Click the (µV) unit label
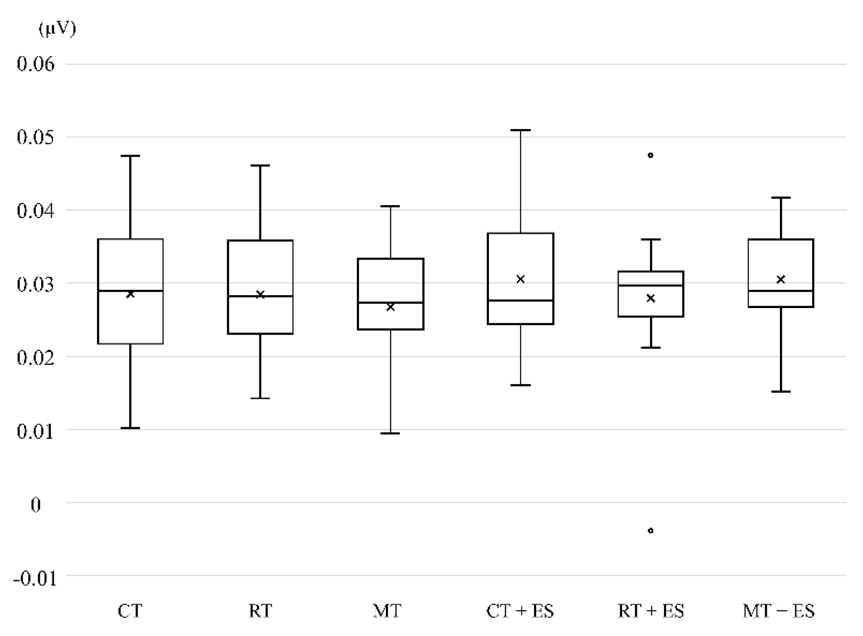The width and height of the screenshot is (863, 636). tap(57, 29)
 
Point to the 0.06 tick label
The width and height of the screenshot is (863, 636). tap(36, 64)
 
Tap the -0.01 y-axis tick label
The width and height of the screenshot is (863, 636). tap(35, 579)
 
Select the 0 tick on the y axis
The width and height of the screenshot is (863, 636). tap(36, 505)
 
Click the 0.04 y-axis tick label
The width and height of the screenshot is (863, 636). tap(36, 211)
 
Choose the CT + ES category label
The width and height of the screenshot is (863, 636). tap(520, 611)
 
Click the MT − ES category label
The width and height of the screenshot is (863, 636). tap(779, 611)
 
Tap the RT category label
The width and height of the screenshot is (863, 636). tap(260, 611)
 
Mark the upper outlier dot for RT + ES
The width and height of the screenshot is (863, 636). tap(651, 155)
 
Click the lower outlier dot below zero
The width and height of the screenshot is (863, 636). tap(651, 531)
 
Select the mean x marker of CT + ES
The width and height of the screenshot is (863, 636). tap(520, 279)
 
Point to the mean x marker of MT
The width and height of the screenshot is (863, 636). tap(390, 307)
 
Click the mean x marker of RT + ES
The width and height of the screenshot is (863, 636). tap(651, 298)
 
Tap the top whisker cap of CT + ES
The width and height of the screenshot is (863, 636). tap(520, 130)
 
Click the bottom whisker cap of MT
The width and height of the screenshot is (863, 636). tap(390, 433)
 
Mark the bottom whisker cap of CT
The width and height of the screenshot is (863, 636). tap(130, 428)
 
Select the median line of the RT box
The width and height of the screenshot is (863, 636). tap(260, 296)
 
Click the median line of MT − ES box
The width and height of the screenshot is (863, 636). tap(781, 291)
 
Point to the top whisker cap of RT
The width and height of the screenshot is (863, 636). tap(260, 165)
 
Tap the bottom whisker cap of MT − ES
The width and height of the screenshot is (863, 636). tap(781, 392)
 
